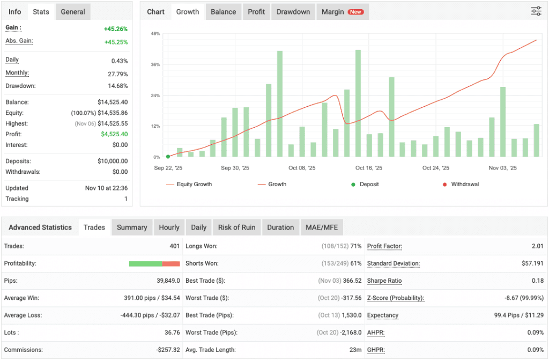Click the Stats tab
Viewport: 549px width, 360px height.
(41, 12)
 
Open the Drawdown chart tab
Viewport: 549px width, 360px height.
(293, 12)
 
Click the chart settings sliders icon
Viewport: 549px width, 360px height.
(536, 11)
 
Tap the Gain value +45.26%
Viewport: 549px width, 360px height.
(116, 28)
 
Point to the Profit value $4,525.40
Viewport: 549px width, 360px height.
(114, 134)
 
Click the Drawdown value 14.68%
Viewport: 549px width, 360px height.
(118, 86)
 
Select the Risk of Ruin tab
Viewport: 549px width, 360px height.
(236, 227)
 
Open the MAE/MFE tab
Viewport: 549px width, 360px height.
(321, 227)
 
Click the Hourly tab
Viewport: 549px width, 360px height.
(169, 227)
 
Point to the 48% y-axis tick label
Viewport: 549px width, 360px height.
(155, 34)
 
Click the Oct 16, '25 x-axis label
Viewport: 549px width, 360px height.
(369, 168)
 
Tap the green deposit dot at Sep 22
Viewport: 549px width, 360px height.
(168, 157)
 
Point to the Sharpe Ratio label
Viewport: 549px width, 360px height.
(384, 281)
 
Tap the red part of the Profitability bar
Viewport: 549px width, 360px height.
(171, 263)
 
